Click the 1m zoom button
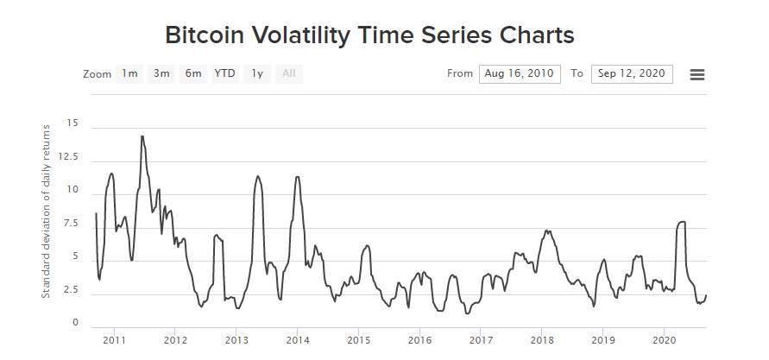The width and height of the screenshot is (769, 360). coord(129,74)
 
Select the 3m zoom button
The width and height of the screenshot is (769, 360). coord(161,74)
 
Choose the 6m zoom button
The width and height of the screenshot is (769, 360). coord(192,74)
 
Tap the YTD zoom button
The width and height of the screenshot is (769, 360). coord(224,74)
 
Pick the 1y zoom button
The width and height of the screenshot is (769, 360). coord(257,74)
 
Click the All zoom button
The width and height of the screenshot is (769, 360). coord(288,74)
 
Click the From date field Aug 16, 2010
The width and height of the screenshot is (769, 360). coord(520,74)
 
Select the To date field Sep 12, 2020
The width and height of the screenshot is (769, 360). coord(633,74)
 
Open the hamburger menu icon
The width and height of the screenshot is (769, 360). coord(697,74)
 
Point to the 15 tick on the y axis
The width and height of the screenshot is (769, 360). coord(72,124)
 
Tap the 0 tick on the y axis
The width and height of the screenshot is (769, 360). coord(75,323)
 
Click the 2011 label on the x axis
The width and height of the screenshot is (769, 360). coord(115,340)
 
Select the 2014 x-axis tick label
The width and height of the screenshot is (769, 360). coord(297,340)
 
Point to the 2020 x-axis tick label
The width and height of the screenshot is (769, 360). coord(665,340)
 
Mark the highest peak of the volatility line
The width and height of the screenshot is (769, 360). coord(142,136)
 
